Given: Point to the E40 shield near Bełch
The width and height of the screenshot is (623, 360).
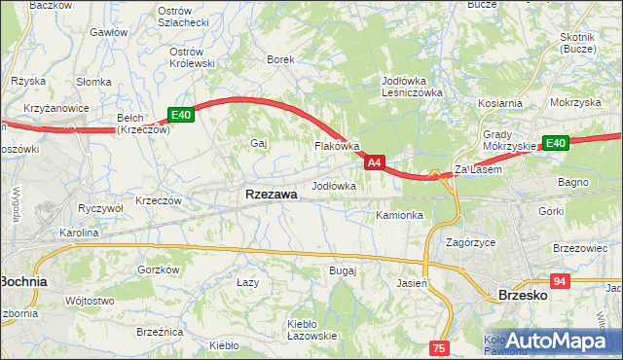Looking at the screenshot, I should point(182,115).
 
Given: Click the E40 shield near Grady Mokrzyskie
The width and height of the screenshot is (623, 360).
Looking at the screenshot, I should point(555,143).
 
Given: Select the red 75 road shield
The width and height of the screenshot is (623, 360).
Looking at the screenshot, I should point(440,347).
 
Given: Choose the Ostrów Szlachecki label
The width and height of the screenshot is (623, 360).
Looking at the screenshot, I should point(183,17).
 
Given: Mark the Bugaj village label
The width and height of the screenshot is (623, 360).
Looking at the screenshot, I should point(343,270).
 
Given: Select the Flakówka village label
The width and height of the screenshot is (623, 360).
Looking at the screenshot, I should point(337,146).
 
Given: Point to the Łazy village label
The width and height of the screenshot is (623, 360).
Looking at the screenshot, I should point(247,281).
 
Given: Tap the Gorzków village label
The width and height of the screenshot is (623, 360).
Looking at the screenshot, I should point(160,270).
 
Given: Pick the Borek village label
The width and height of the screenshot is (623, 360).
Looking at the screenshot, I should point(280,59).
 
